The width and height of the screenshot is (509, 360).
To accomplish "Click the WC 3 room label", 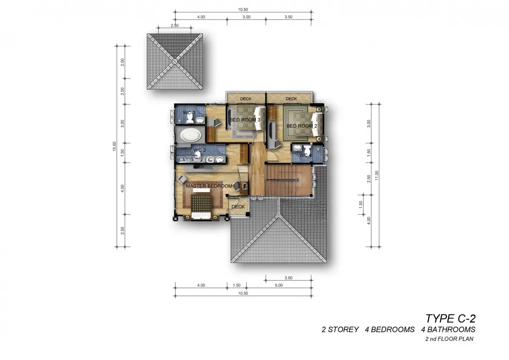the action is coord(189,112).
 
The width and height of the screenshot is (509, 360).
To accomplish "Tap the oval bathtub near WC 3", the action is coord(190,135).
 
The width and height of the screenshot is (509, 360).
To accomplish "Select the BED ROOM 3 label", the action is coord(245,120).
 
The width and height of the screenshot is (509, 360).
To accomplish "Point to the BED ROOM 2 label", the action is coord(302,126).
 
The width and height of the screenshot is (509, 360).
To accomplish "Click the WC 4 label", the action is coord(306,155).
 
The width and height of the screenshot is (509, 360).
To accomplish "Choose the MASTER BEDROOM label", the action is coord(209,186).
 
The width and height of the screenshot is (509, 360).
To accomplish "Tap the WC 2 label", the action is coord(200,150).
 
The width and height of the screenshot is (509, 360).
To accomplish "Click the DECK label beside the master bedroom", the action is coord(238,207).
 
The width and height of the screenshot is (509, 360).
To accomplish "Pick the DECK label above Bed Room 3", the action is coord(246,98).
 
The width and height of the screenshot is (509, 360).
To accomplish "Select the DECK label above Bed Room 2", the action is coord(291,98).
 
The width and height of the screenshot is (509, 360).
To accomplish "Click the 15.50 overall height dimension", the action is coord(114,146).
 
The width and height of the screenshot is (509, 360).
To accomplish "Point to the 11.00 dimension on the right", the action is coord(377,175).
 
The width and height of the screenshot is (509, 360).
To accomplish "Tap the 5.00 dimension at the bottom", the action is coord(279,285).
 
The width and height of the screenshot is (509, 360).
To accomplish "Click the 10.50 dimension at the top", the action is coord(243,9).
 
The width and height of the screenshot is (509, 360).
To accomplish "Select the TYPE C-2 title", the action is coord(450,319).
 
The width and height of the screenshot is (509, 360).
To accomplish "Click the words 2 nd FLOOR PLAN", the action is coord(449,339).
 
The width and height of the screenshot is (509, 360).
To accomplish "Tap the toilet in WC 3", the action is coord(190,118).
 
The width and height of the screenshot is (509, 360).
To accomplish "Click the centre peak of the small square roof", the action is coord(174,62).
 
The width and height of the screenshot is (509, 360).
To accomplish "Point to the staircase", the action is coord(288,180).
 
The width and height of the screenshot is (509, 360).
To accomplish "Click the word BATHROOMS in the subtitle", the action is coord(448,329).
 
